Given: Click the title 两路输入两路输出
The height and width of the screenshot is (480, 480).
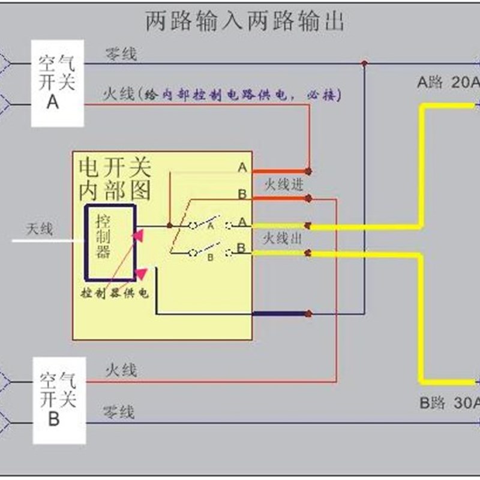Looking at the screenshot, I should (245, 22).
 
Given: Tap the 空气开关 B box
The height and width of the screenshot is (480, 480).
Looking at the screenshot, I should (57, 398).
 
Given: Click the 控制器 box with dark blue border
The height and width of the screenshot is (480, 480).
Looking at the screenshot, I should (110, 242).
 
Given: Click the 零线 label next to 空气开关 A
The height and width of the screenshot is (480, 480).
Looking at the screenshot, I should (121, 55).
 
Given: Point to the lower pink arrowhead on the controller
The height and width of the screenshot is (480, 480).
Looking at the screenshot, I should (141, 275).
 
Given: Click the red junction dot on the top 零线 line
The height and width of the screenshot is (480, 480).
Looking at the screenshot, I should (364, 62).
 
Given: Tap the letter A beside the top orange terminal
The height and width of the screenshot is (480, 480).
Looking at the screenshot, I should (242, 168).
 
